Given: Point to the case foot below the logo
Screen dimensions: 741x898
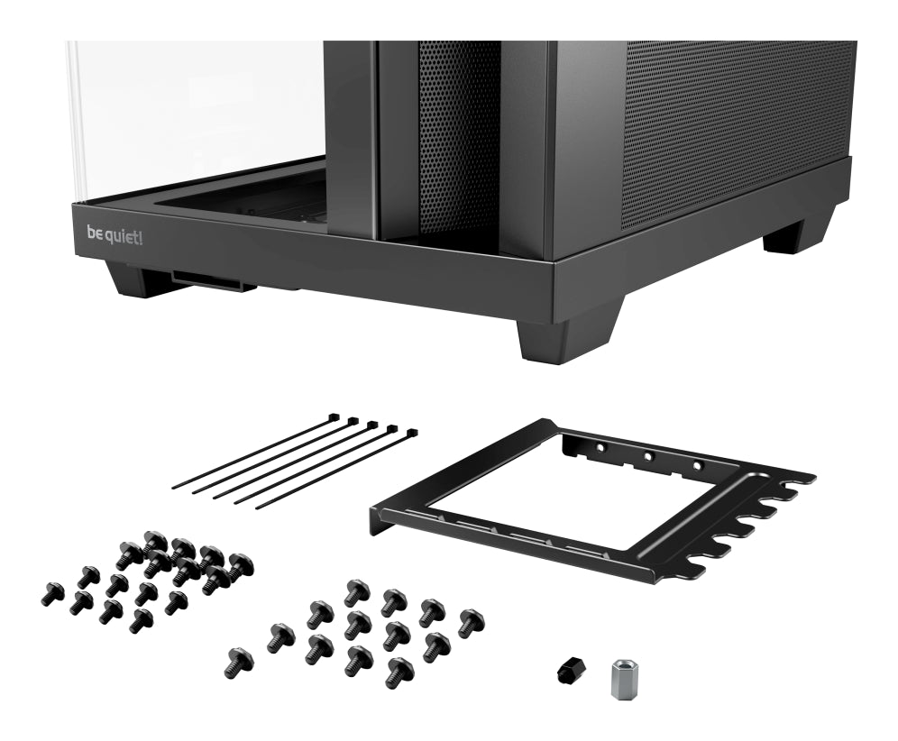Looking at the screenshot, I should pos(135,279).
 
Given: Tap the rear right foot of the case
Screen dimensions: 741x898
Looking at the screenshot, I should pos(793,236).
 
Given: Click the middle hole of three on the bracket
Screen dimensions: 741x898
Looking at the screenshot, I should pos(648,456).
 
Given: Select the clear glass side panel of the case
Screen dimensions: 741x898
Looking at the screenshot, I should pos(198,108).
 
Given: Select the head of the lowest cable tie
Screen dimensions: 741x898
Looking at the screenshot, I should pos(411,435).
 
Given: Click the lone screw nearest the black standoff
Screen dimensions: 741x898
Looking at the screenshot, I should pos(471,622).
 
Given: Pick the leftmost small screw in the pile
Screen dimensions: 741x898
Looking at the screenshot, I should pos(52,593).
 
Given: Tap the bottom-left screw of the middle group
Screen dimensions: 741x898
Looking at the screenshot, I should pos(239,663).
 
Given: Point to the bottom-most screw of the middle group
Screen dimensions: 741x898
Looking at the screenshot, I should pos(398,672).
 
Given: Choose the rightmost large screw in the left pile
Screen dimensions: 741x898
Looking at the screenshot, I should pos(240,565).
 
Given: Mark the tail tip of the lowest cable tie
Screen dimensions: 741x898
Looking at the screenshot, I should pos(257,508).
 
